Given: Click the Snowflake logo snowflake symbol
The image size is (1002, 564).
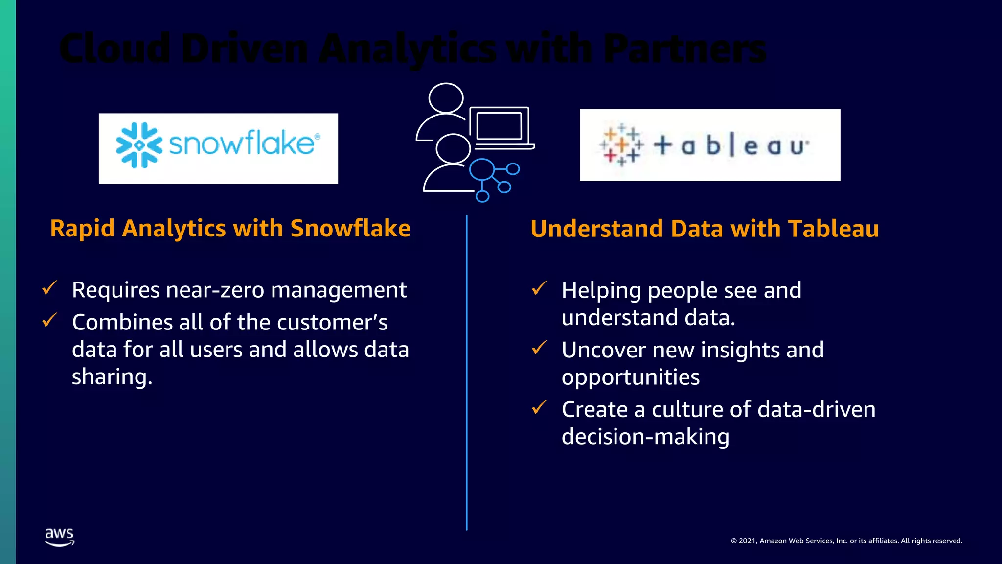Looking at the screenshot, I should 139,145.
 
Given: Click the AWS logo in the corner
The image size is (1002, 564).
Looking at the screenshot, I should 59,537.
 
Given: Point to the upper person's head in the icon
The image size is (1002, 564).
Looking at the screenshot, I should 446,98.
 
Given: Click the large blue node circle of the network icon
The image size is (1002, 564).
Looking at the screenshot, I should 482,170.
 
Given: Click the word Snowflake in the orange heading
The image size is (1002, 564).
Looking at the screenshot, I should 350,228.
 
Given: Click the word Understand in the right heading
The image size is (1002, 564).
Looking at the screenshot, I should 596,229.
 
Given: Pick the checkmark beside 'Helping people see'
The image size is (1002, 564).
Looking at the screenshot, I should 539,288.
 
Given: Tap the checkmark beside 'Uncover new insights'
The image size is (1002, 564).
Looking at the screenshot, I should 539,348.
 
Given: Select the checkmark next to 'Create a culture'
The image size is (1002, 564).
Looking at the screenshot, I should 539,407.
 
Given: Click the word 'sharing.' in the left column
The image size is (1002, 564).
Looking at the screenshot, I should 112,377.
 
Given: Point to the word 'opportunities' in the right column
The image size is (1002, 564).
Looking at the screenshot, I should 630,377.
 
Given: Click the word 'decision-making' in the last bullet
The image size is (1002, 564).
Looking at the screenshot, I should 645,437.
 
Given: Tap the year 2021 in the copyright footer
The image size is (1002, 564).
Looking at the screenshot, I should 748,541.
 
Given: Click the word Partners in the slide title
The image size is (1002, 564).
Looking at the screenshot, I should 684,49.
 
